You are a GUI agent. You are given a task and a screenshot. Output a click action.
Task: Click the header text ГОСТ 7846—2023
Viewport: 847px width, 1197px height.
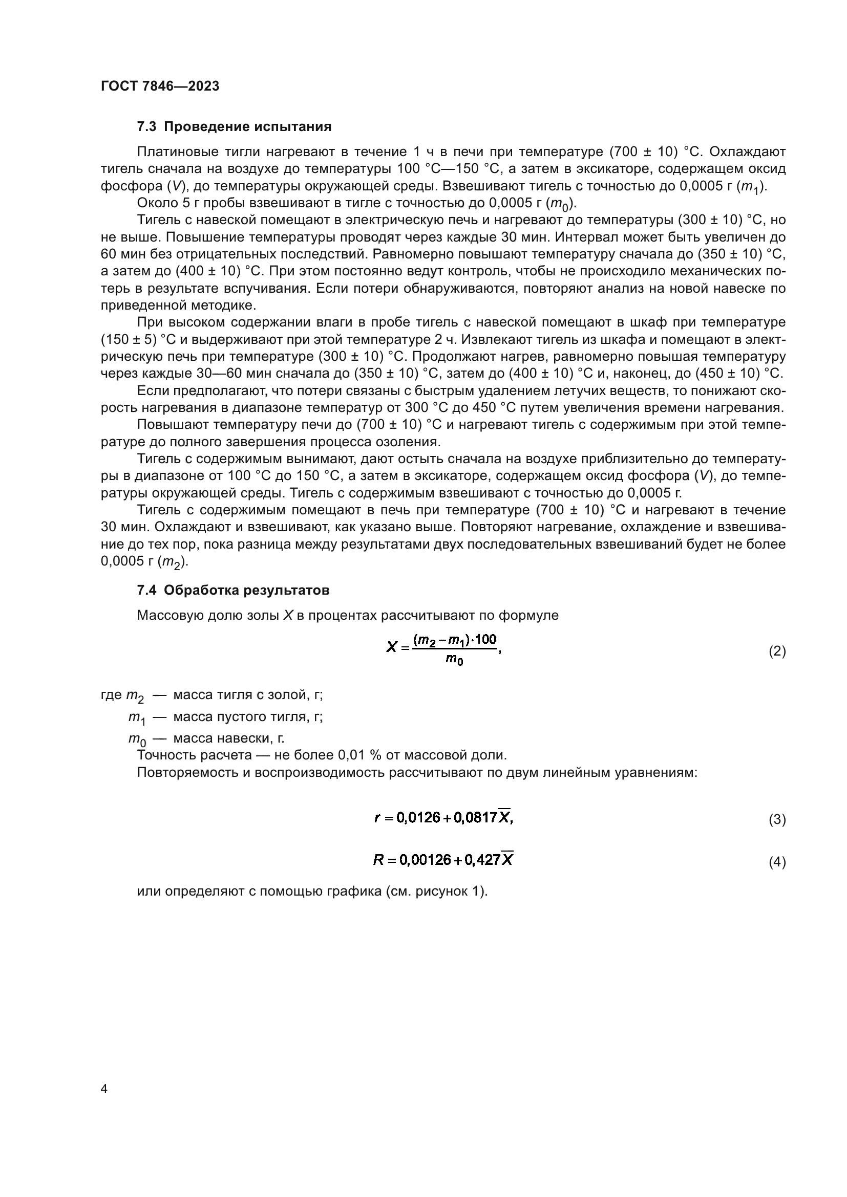[x=160, y=86]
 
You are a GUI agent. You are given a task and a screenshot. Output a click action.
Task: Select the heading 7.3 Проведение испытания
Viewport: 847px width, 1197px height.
[x=234, y=127]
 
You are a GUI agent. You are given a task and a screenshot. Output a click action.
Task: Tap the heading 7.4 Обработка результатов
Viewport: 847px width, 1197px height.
[x=233, y=590]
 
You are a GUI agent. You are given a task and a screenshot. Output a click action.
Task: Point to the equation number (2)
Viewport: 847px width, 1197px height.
[x=777, y=651]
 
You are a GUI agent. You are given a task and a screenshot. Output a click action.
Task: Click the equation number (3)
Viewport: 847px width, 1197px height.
[x=777, y=819]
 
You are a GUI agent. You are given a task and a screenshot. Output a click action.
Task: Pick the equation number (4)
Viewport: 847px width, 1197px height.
[x=777, y=862]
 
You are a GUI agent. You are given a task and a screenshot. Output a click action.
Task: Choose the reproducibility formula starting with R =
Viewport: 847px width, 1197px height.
[x=443, y=860]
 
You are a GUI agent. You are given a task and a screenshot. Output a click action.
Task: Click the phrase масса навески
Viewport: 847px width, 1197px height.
[x=222, y=738]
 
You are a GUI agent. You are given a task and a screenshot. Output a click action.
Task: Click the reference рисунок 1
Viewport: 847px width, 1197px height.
[x=450, y=891]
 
